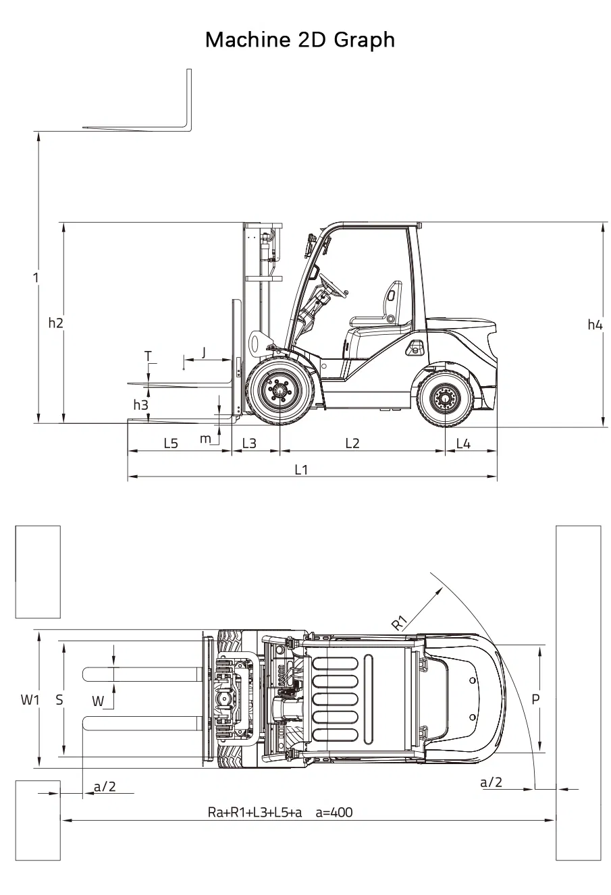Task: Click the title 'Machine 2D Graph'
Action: tap(300, 40)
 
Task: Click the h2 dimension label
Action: tap(55, 323)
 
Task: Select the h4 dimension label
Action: tap(594, 325)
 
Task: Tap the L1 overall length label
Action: tap(301, 470)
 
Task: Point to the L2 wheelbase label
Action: tap(352, 443)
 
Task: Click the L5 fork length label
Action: tap(171, 443)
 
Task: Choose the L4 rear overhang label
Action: tap(463, 443)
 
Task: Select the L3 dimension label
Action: tap(249, 443)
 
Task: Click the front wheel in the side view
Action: tap(279, 391)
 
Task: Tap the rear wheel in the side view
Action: tap(445, 399)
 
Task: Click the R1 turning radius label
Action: tap(400, 623)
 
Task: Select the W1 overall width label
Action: tap(30, 700)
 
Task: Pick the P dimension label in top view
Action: tap(535, 700)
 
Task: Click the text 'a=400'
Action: tap(334, 813)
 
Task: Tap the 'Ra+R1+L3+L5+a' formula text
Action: tap(255, 813)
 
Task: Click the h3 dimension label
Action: tap(140, 405)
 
